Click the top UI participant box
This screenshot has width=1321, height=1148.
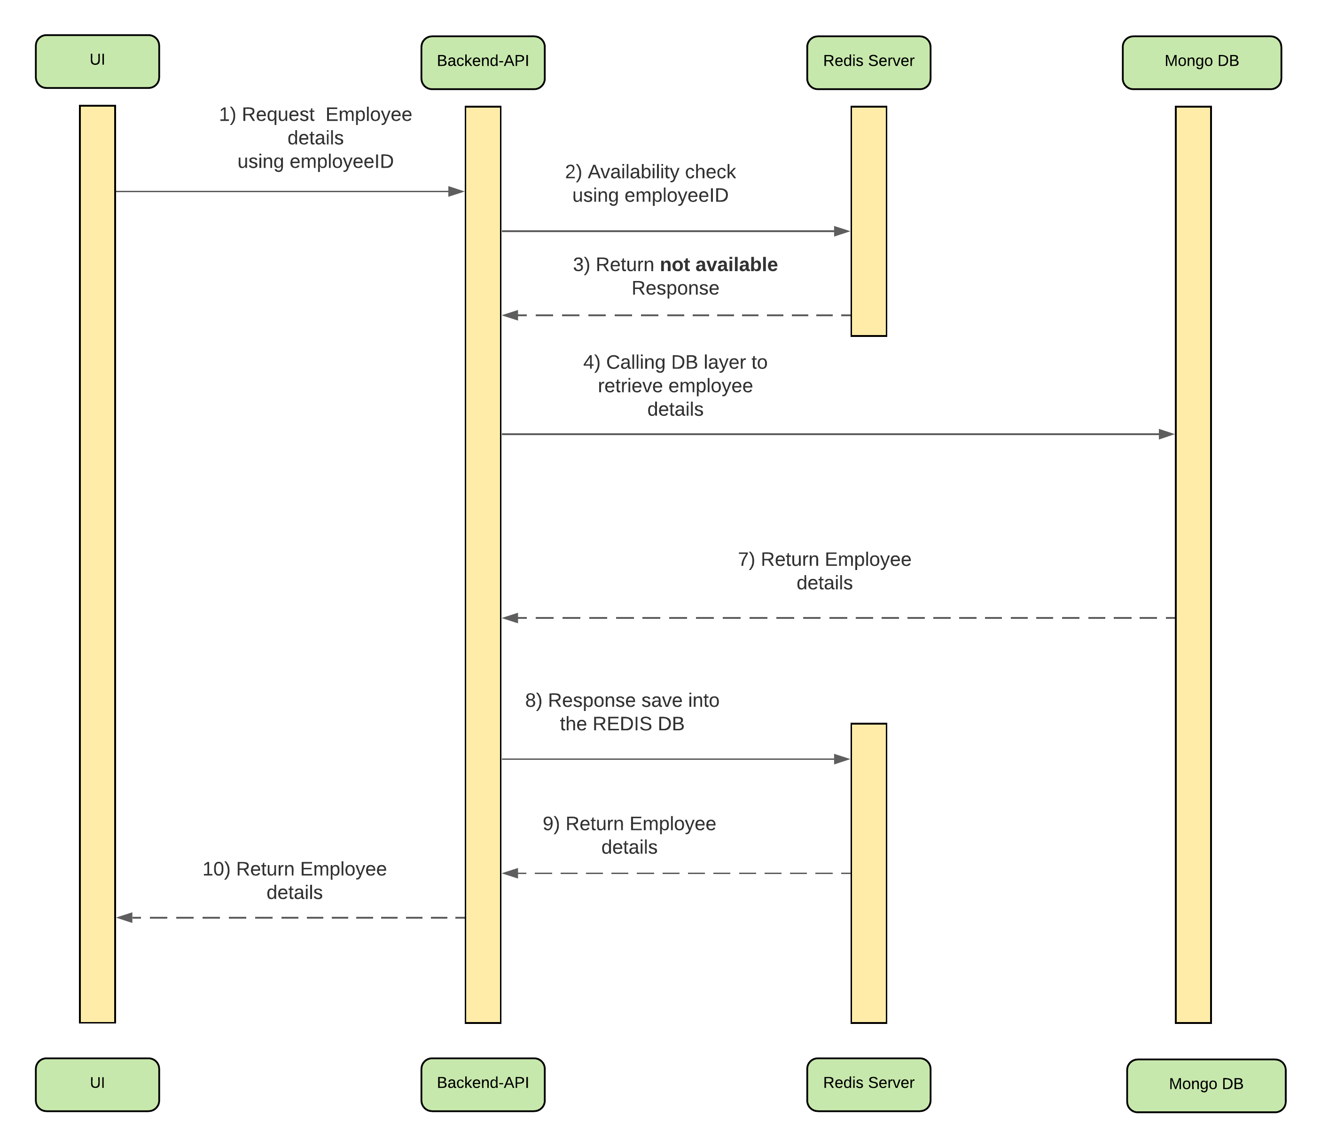pyautogui.click(x=97, y=62)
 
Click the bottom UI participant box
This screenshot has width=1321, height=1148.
pyautogui.click(x=97, y=1085)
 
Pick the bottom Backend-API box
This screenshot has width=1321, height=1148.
pyautogui.click(x=483, y=1085)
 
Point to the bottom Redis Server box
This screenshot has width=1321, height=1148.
pyautogui.click(x=869, y=1085)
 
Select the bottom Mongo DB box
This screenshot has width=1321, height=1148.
pyautogui.click(x=1206, y=1086)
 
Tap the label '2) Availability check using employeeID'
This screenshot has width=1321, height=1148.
pyautogui.click(x=650, y=183)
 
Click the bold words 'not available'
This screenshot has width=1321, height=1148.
pyautogui.click(x=719, y=265)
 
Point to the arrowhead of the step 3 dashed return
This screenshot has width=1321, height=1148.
pyautogui.click(x=510, y=315)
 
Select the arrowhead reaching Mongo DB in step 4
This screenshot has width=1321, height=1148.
pyautogui.click(x=1166, y=434)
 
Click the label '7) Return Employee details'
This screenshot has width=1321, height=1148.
pyautogui.click(x=824, y=571)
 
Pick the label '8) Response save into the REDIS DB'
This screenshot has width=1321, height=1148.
pyautogui.click(x=622, y=712)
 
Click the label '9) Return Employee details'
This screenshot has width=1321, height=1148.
pyautogui.click(x=629, y=836)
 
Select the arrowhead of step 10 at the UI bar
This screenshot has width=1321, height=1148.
pyautogui.click(x=124, y=918)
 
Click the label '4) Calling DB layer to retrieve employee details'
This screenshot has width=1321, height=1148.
pyautogui.click(x=675, y=386)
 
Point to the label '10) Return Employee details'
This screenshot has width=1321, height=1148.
pyautogui.click(x=295, y=880)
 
